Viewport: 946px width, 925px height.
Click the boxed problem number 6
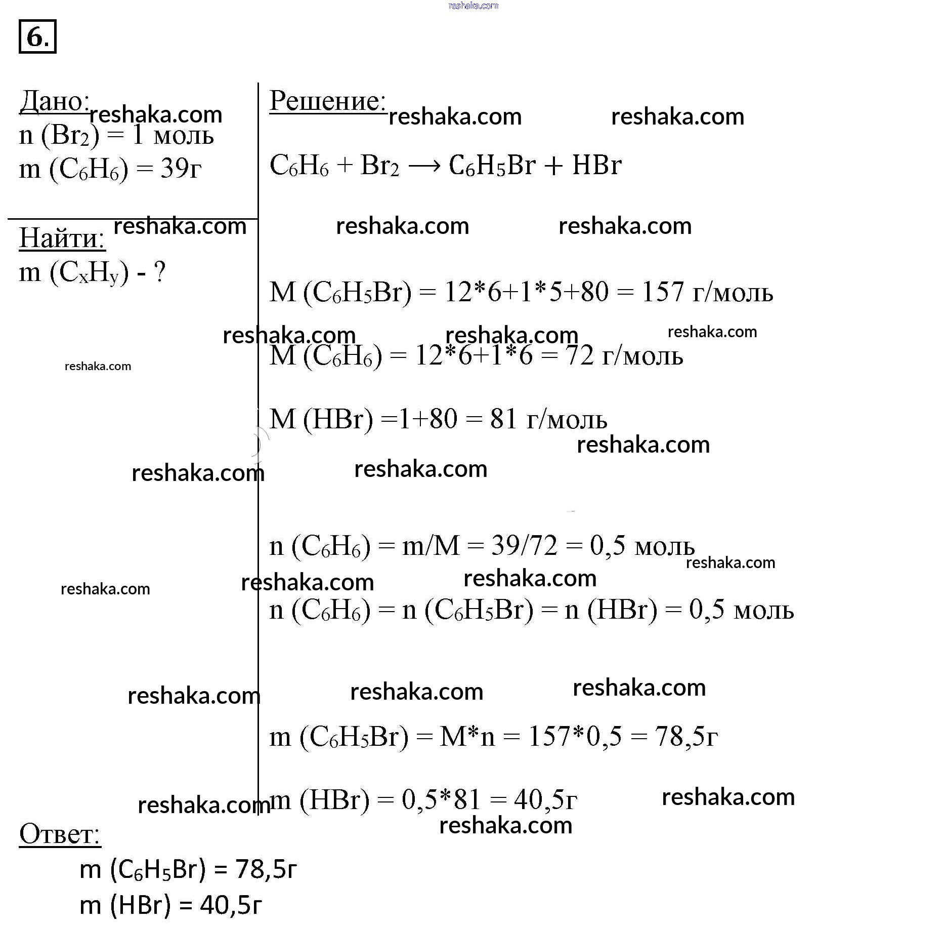click(37, 36)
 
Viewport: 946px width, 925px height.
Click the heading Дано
click(55, 102)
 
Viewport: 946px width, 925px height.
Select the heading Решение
click(327, 101)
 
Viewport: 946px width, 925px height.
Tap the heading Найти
click(62, 238)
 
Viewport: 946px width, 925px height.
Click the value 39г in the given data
click(181, 168)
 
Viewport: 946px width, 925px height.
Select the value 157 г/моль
click(707, 292)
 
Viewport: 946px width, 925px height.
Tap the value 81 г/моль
click(548, 419)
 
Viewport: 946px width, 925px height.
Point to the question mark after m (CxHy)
click(159, 272)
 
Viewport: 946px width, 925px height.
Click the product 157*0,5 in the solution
click(575, 737)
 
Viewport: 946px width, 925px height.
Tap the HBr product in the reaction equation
click(596, 165)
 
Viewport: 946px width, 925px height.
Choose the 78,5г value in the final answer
click(266, 869)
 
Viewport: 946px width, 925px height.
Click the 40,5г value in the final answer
click(231, 905)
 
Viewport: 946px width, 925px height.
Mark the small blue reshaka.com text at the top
click(474, 6)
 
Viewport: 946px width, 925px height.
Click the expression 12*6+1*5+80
click(526, 292)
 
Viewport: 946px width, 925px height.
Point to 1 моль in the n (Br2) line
click(173, 136)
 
